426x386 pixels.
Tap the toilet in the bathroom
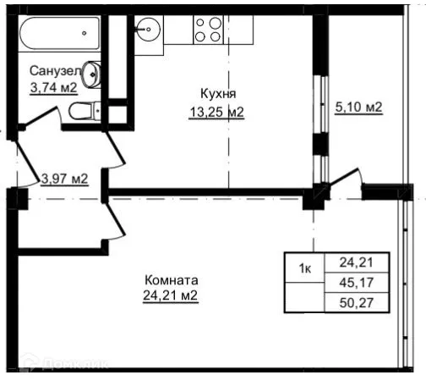tap(82, 110)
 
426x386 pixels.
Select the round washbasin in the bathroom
tap(96, 73)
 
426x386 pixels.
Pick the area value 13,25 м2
tap(216, 110)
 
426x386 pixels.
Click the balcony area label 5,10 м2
tap(358, 108)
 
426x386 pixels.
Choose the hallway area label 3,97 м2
tap(64, 179)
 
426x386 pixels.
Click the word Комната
tap(172, 280)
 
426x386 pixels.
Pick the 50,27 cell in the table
tap(356, 301)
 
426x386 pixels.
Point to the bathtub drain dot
tap(85, 33)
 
